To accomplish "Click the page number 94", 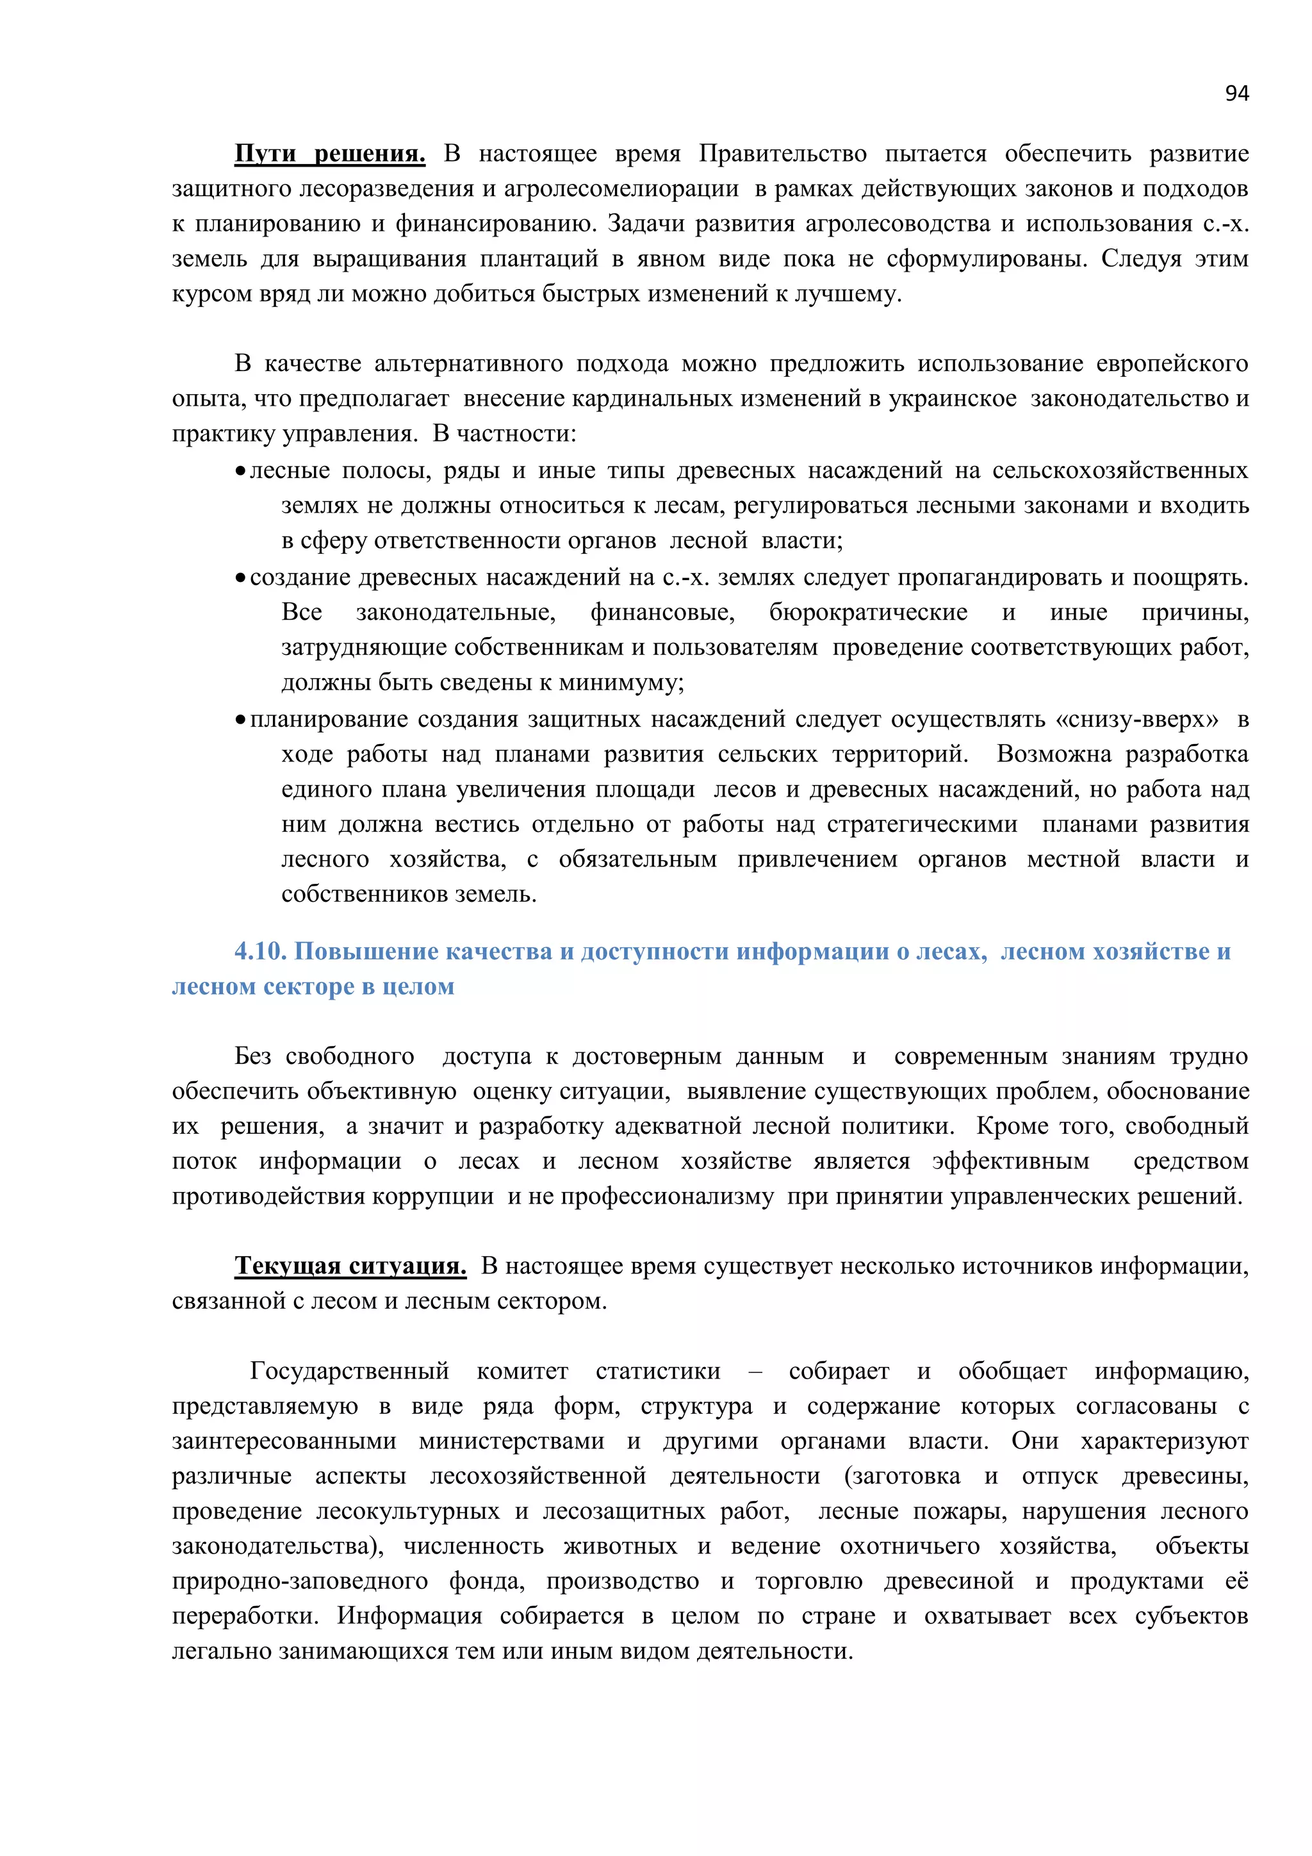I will pos(1236,94).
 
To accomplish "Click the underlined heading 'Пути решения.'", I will pos(330,154).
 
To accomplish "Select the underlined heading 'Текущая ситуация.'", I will pos(350,1265).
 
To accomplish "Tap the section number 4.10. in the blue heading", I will pos(260,952).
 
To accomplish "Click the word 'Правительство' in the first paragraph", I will pos(782,154).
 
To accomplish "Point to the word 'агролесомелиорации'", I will pos(621,189).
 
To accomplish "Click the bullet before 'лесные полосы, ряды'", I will pos(240,471).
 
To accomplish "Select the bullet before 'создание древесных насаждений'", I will pos(240,578).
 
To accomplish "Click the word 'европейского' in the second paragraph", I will pos(1172,364).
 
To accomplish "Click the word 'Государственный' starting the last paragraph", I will pos(349,1371).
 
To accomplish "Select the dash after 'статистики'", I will pos(755,1371).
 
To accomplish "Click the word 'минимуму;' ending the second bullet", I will pos(621,683).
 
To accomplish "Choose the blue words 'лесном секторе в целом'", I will pos(313,987).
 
